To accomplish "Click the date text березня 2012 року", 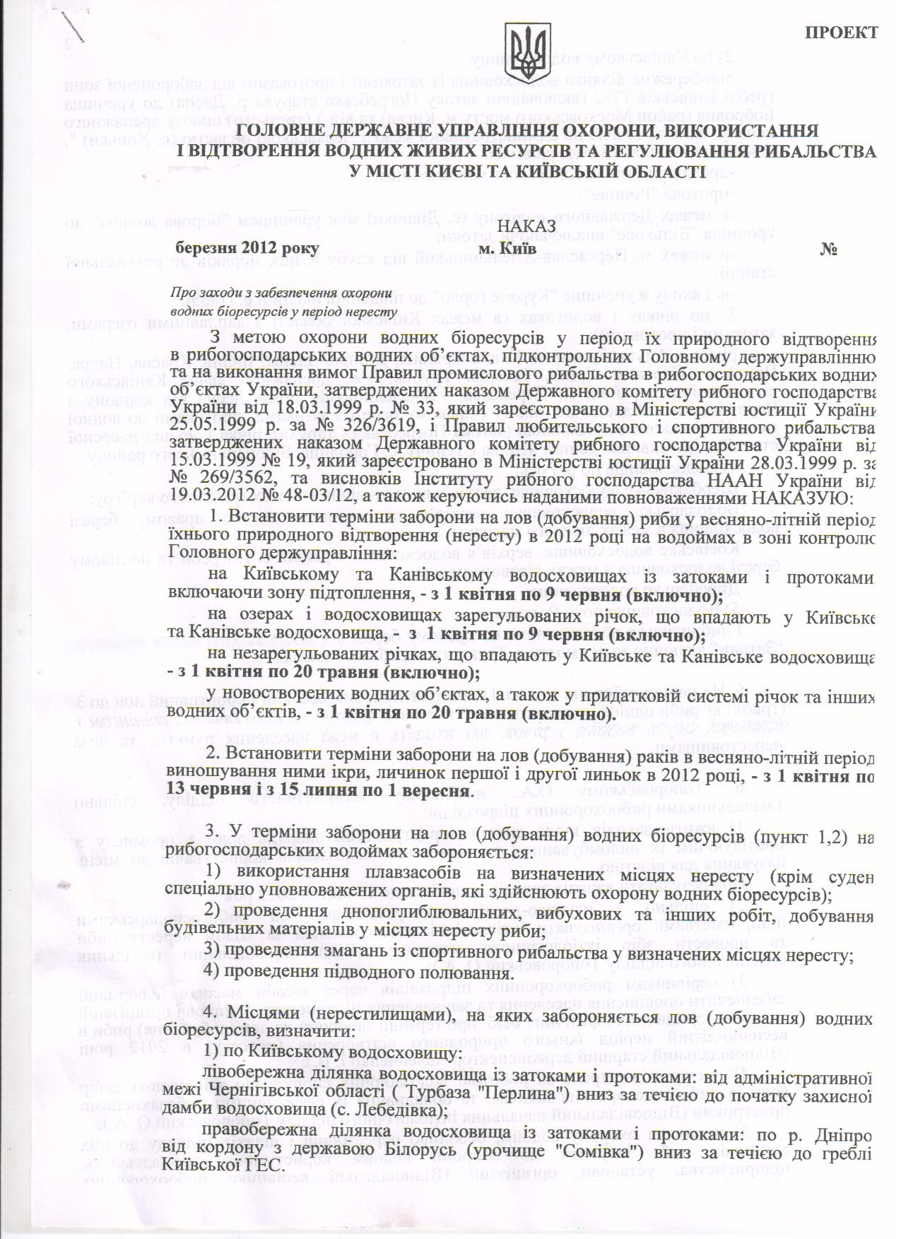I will pyautogui.click(x=248, y=249).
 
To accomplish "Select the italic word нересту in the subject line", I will pyautogui.click(x=367, y=310).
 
